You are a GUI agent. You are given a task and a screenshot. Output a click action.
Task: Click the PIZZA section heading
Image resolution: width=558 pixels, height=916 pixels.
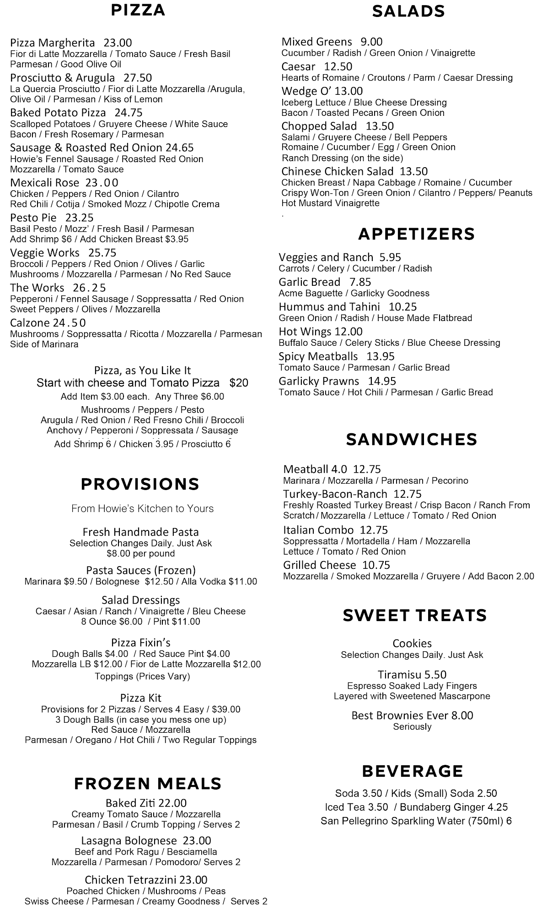pos(138,10)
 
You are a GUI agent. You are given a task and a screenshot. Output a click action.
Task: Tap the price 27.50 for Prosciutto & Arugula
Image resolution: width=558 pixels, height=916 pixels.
pos(138,78)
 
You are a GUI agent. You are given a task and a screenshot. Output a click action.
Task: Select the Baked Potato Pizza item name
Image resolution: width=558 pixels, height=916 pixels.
pos(58,113)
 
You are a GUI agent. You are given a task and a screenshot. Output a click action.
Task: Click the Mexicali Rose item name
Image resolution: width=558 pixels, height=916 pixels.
pos(44,183)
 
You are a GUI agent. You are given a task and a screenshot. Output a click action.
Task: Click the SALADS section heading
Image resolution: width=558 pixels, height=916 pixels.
pos(408,11)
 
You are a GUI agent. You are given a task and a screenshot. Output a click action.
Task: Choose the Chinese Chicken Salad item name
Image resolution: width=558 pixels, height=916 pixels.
pos(337,171)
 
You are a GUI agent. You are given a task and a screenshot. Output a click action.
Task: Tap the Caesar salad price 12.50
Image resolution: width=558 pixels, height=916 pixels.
pos(338,66)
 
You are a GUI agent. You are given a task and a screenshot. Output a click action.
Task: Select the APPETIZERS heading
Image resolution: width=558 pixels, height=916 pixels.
pos(416,234)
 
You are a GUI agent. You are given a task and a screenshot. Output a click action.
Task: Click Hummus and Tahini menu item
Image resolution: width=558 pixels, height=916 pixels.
pos(329,307)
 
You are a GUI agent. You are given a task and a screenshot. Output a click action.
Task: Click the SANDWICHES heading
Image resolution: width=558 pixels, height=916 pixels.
pos(411,439)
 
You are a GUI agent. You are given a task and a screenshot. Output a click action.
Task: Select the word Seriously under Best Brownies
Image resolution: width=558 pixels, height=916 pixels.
pos(412,727)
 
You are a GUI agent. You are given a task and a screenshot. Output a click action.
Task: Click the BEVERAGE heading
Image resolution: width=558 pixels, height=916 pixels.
pos(412,771)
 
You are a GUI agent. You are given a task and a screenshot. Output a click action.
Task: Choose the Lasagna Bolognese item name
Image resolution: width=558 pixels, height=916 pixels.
pos(129,841)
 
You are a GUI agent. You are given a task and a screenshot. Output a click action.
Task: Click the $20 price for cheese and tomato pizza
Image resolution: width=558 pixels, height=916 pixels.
pos(239,383)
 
